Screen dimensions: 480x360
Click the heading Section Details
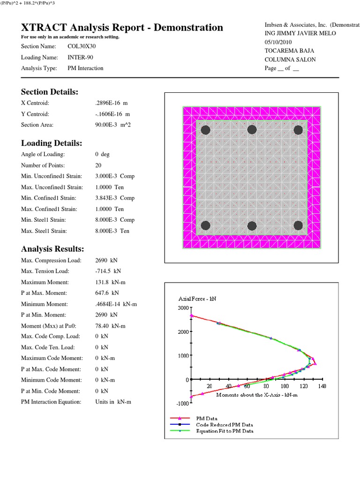tap(50, 91)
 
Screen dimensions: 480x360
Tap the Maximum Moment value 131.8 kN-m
tap(111, 282)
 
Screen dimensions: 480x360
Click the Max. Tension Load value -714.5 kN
tap(108, 271)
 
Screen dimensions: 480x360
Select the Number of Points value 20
tap(98, 165)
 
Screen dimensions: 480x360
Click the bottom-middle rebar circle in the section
tap(252, 225)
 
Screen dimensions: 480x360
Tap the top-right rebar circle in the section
tap(298, 130)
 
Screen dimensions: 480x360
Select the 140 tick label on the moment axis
tap(321, 386)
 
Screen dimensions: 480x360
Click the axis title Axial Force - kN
tap(196, 299)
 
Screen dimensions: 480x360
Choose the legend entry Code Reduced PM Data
tap(224, 425)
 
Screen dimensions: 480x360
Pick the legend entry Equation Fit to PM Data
tap(225, 431)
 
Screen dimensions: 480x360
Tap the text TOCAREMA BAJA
tap(286, 51)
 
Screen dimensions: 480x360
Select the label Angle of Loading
tap(43, 154)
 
